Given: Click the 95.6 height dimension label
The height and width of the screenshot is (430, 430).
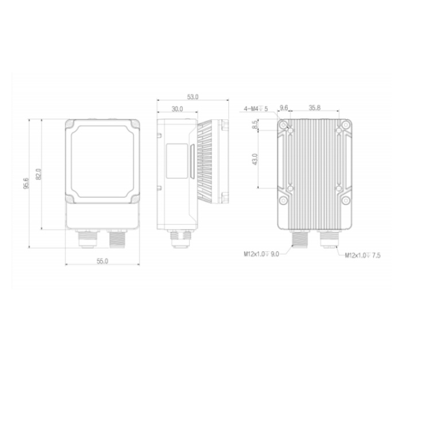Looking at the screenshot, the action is click(26, 183).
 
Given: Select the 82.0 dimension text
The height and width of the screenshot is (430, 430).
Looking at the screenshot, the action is click(38, 174).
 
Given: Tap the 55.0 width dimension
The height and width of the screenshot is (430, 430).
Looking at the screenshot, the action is click(102, 261).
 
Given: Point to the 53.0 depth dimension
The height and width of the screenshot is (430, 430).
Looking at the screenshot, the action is click(193, 97).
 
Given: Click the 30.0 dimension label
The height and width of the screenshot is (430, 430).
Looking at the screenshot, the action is click(177, 109).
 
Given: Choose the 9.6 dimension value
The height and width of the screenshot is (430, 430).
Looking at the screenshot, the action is click(284, 108).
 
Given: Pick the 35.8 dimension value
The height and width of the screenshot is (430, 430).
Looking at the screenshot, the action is click(315, 108).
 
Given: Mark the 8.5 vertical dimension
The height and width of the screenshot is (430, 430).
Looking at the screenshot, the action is click(255, 125).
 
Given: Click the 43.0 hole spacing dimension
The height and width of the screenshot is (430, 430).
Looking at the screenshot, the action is click(255, 159).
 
